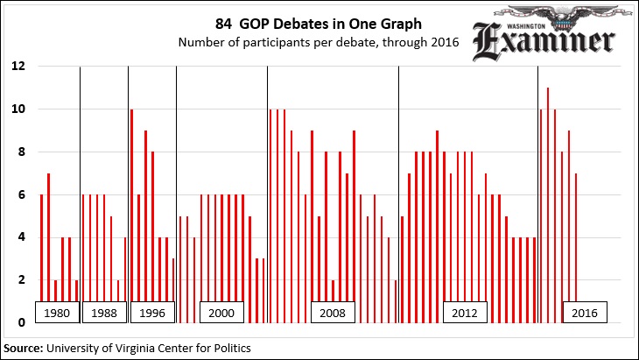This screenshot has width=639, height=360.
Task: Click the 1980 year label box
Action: coord(56,313)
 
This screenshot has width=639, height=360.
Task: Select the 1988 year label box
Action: coord(104,313)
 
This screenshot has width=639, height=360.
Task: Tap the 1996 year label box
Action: coord(152,313)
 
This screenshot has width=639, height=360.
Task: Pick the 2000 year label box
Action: coord(222,313)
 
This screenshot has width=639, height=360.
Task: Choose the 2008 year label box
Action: coord(333,313)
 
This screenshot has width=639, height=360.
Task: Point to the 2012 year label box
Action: coord(464,313)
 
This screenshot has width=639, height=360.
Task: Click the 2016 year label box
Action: coord(584,313)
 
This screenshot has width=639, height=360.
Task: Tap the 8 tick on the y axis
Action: coord(21,152)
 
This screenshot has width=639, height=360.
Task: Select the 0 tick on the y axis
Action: coord(21,323)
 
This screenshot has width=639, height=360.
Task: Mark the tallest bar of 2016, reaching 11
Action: coord(548,205)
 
